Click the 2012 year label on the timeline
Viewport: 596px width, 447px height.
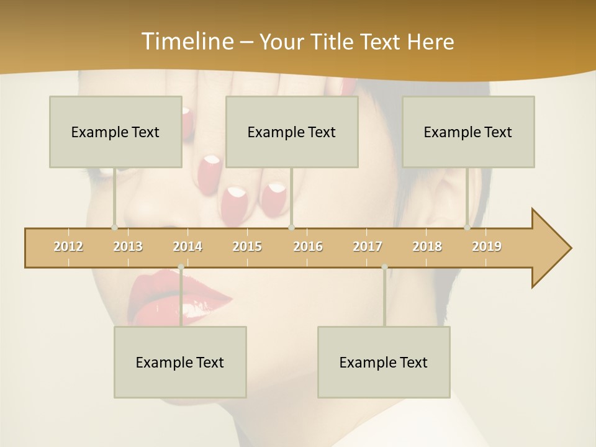point(68,246)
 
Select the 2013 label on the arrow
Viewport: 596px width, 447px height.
point(128,246)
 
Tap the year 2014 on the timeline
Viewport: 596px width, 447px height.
point(187,246)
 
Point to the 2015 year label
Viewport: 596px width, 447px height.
point(247,246)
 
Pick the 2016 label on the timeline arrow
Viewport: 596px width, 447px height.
point(308,246)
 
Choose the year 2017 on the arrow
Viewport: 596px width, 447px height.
point(368,246)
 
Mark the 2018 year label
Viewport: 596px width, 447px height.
point(427,246)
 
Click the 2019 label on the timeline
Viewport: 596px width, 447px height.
point(487,246)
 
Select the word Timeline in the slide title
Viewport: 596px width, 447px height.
point(187,42)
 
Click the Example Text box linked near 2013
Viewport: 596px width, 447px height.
point(115,132)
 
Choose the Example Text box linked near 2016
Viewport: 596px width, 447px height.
point(292,132)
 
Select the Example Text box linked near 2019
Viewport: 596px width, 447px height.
point(468,132)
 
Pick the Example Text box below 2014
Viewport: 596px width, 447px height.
point(180,362)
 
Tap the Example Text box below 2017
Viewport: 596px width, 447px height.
point(384,362)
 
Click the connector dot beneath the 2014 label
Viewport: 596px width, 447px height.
point(181,267)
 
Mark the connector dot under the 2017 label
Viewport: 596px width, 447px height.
point(384,267)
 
